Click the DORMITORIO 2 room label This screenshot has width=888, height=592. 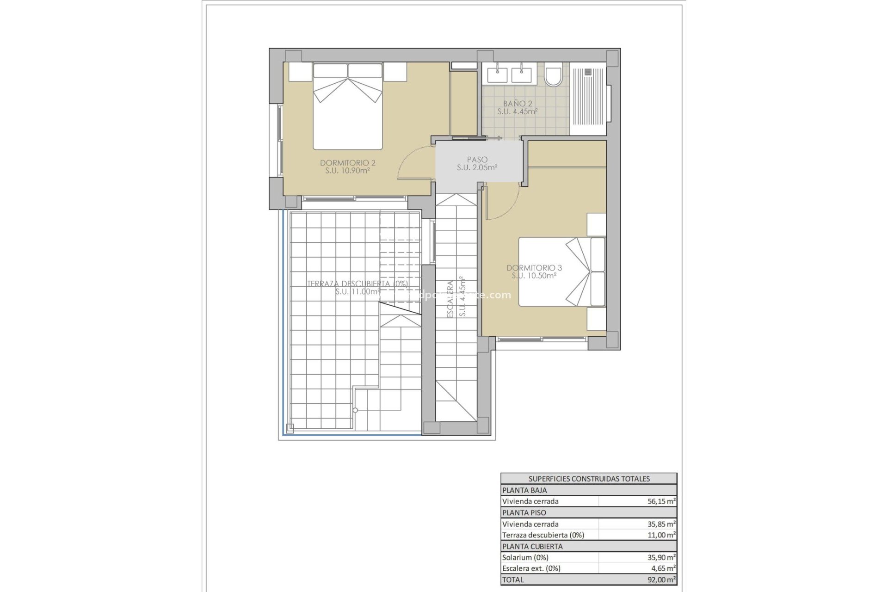(347, 163)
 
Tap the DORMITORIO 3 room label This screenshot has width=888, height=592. (534, 268)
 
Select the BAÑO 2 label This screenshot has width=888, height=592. (517, 104)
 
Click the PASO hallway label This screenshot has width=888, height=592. (477, 160)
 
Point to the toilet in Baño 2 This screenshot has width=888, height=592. (553, 76)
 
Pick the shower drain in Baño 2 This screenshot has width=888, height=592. (588, 72)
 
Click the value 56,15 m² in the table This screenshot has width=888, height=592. (661, 501)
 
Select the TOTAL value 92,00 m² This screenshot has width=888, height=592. (661, 580)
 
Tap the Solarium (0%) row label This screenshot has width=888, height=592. (525, 557)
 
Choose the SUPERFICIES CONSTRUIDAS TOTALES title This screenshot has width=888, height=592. (589, 479)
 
